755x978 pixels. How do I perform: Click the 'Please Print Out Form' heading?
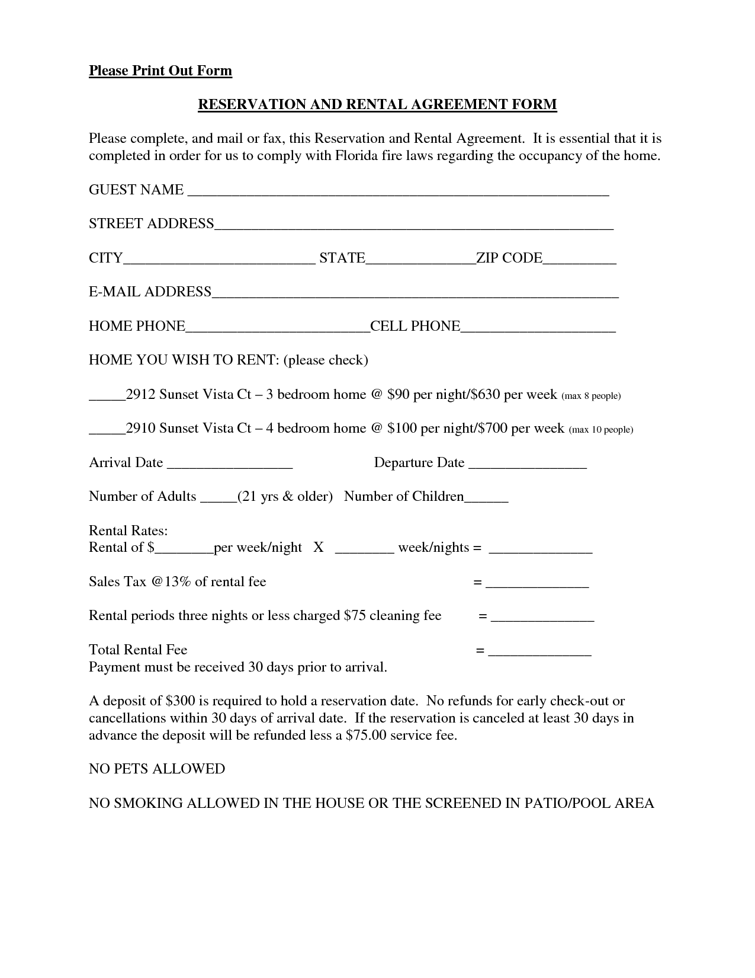point(160,71)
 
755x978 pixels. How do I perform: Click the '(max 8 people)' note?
point(590,395)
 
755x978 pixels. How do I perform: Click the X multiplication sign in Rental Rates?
point(319,548)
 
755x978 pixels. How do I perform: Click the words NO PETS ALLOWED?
point(157,769)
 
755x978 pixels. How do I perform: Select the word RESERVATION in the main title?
point(243,105)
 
